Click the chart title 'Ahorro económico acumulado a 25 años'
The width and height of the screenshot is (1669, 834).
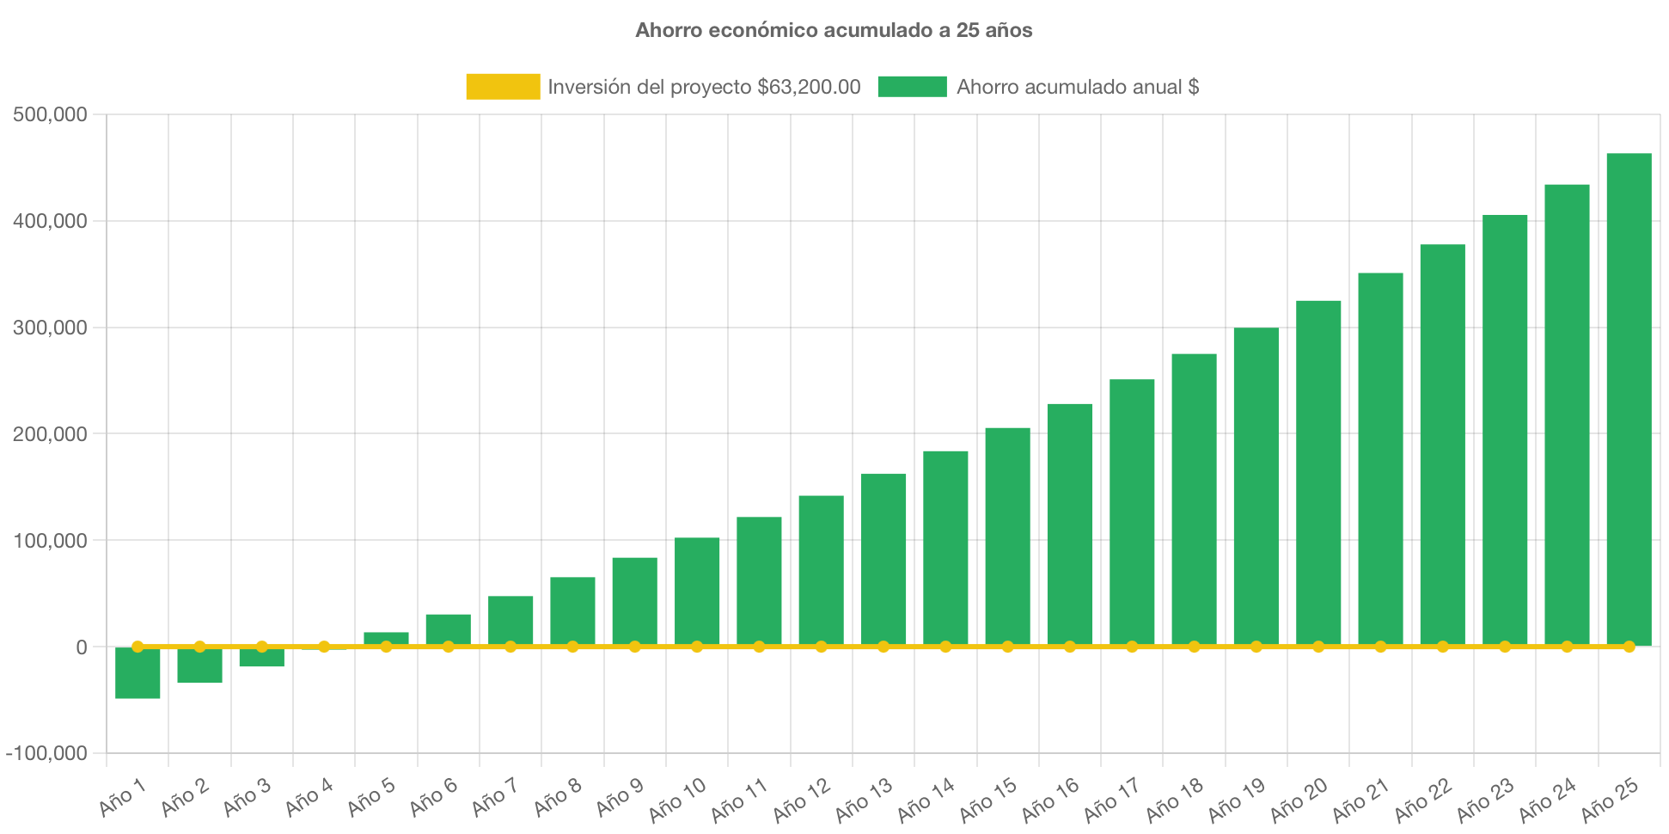[834, 30]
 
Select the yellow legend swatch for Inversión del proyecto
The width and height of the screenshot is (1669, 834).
[503, 86]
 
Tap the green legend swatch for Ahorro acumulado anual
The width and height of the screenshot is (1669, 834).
[912, 86]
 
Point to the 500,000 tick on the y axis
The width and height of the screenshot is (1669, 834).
[50, 114]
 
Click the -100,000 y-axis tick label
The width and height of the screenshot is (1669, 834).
[46, 753]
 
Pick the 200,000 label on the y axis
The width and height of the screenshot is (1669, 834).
[50, 434]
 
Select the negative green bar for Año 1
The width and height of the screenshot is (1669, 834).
[138, 673]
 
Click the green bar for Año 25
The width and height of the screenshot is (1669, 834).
[1629, 396]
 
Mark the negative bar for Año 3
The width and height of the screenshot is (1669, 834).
[261, 658]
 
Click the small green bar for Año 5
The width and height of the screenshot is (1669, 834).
[386, 638]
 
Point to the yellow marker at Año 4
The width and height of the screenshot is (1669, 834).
[324, 647]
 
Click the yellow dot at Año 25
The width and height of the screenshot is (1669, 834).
[1629, 647]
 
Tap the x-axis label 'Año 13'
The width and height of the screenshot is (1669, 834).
[864, 800]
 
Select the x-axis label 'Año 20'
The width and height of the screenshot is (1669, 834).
[1299, 800]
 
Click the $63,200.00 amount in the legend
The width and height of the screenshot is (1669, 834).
[809, 87]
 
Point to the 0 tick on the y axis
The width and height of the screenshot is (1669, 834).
[81, 647]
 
